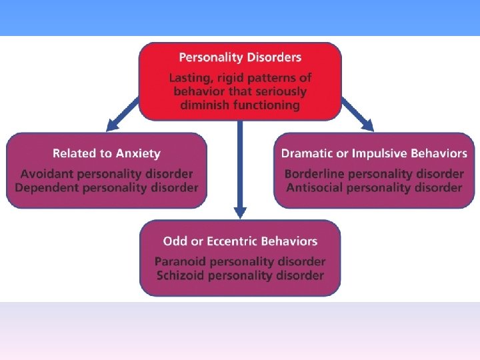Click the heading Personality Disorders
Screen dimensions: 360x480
tap(240, 57)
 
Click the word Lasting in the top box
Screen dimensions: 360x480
tap(189, 78)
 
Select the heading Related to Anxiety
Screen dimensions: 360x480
tap(107, 153)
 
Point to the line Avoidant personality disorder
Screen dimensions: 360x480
tap(107, 174)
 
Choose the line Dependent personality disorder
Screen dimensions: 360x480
tap(107, 187)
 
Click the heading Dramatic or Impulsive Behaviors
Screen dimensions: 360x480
tap(374, 153)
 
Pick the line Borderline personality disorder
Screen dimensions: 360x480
tap(374, 174)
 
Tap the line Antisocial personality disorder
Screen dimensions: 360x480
tap(374, 187)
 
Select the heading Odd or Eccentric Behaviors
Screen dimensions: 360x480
tap(240, 241)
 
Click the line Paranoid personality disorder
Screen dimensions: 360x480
tap(240, 262)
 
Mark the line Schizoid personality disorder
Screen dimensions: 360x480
tap(240, 275)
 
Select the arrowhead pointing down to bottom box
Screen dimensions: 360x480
tap(240, 212)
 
